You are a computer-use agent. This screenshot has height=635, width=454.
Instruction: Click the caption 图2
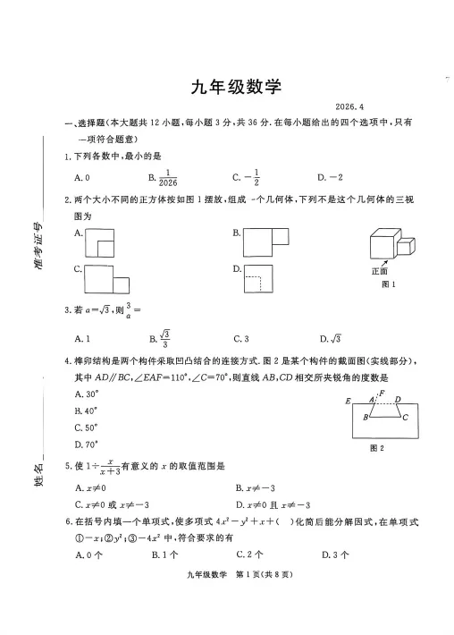click(376, 448)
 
